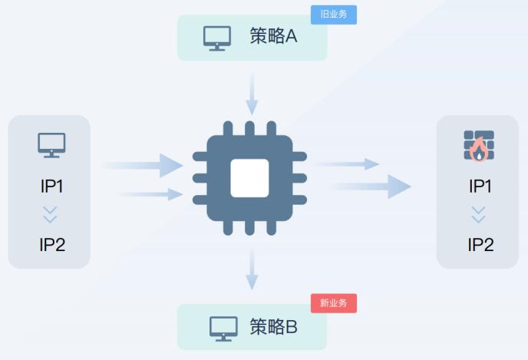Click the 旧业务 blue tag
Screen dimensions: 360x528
[334, 15]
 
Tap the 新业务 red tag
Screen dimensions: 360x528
[334, 303]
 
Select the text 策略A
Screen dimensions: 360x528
[273, 36]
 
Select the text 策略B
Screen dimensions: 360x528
[273, 326]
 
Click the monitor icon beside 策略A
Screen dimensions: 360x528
[217, 38]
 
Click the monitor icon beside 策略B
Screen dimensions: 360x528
[224, 328]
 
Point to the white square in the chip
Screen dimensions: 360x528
[249, 178]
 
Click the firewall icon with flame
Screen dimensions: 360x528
[479, 145]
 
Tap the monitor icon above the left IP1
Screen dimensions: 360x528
[51, 144]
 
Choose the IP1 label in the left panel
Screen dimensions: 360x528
[51, 186]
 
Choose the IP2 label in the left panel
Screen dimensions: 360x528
[51, 245]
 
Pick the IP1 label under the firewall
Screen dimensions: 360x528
[480, 186]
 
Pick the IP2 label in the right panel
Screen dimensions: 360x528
[480, 245]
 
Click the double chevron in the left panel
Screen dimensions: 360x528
[51, 215]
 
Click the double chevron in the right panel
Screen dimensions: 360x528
[479, 215]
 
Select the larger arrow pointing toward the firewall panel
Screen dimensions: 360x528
[372, 186]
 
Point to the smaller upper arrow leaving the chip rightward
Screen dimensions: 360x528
[347, 164]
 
